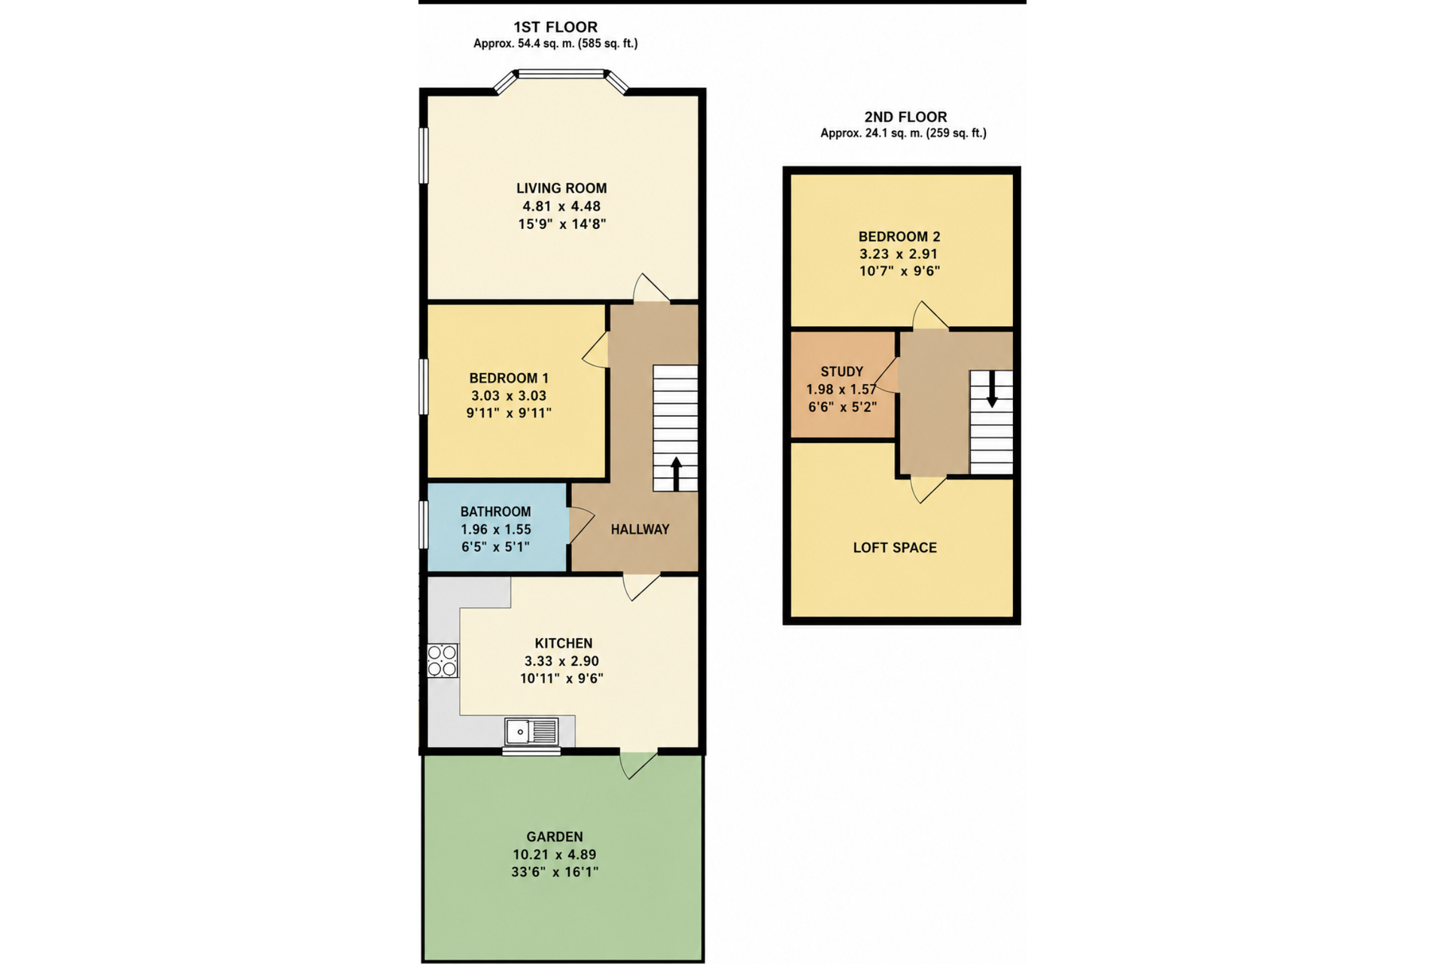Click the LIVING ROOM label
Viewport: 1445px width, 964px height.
point(561,188)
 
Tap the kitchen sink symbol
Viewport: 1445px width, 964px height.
point(531,731)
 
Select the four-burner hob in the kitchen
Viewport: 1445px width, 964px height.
point(443,660)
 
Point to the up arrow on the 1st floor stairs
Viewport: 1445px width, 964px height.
point(676,474)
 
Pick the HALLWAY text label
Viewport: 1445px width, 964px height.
point(640,529)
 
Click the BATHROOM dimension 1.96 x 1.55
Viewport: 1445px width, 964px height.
point(496,529)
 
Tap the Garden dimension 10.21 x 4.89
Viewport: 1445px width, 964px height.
point(555,855)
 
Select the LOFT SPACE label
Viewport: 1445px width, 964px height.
point(895,548)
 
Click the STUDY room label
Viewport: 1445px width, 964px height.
point(842,371)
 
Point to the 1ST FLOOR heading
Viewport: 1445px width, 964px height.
point(555,27)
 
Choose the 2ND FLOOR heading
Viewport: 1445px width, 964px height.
point(905,117)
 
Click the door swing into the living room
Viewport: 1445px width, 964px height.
point(651,288)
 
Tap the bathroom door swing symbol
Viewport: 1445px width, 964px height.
point(581,524)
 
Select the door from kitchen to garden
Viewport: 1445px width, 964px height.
point(638,764)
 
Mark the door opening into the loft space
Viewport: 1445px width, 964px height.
point(929,489)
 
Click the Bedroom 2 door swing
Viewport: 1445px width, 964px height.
point(930,316)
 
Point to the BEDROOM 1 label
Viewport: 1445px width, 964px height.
point(509,378)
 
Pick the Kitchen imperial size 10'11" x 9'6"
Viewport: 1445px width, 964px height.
point(561,679)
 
